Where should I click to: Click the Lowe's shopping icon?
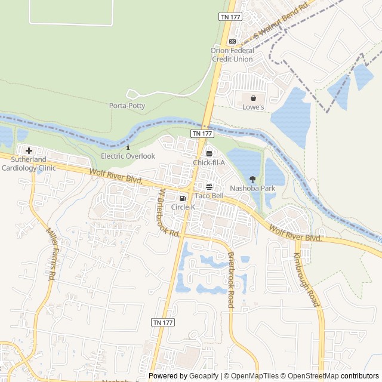[253, 98]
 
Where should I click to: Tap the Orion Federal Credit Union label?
[232, 54]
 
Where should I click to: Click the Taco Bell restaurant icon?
[208, 186]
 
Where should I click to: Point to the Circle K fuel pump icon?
[183, 198]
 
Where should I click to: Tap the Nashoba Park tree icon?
[252, 179]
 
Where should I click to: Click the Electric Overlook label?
[128, 156]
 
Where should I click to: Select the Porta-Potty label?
[127, 106]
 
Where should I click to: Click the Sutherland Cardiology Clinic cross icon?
[29, 150]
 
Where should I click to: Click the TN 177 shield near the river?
[202, 134]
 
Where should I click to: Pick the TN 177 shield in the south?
[163, 322]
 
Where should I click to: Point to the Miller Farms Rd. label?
[51, 254]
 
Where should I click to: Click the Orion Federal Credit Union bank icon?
[232, 41]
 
